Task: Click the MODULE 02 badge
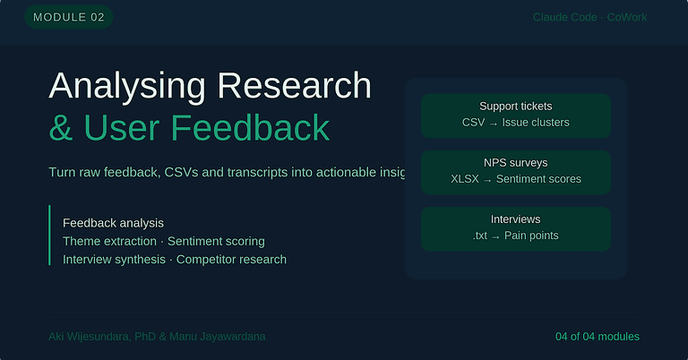(68, 17)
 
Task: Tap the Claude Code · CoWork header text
(589, 17)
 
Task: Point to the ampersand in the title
(61, 128)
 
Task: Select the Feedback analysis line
(113, 222)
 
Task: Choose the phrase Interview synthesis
(114, 260)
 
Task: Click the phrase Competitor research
(231, 260)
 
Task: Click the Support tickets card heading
(516, 107)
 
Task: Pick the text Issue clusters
(536, 123)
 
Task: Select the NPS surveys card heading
(516, 163)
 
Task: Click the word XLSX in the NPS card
(466, 179)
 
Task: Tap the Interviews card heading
(516, 219)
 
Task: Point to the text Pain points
(531, 236)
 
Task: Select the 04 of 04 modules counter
(598, 337)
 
